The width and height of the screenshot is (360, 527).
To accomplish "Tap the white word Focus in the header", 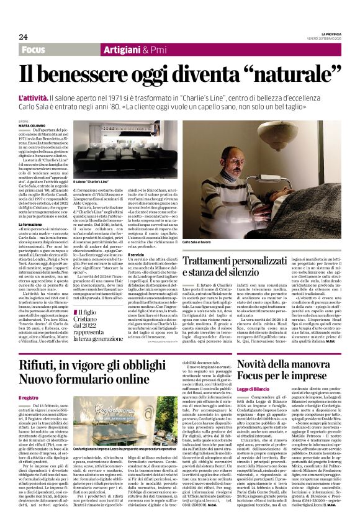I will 34,49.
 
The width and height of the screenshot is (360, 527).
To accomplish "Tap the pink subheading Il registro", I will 29,397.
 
